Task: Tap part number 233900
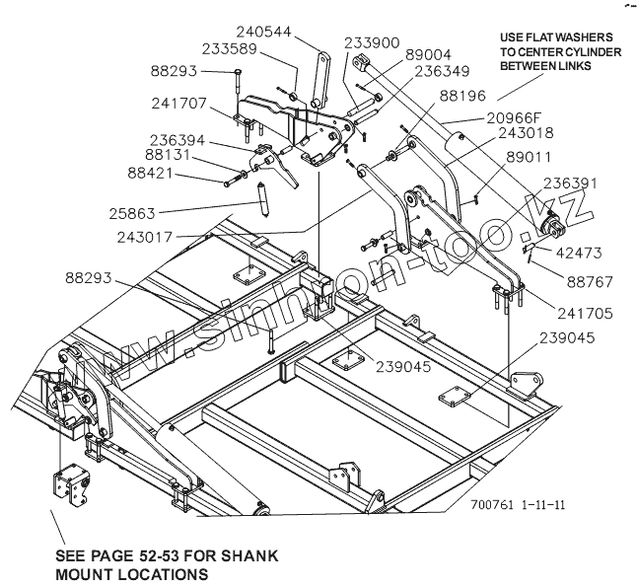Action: point(372,43)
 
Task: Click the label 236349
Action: point(442,72)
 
